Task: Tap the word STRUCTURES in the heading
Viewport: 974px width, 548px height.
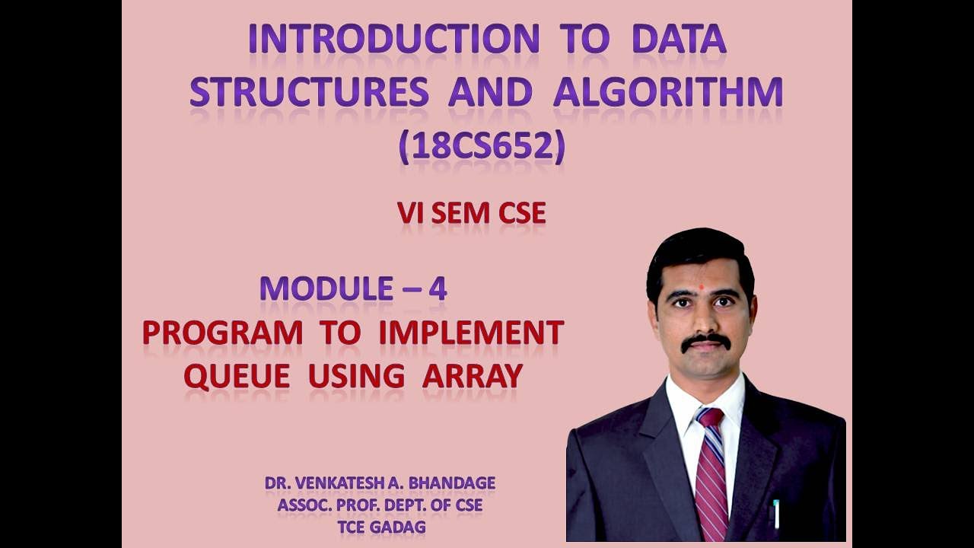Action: [309, 92]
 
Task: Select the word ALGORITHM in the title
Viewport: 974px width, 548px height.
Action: [668, 92]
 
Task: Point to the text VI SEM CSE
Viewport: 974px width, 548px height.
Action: [471, 214]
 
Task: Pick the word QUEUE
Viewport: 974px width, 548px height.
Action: [237, 376]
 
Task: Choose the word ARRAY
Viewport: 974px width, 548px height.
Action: [472, 376]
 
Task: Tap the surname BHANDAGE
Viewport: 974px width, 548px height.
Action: [454, 483]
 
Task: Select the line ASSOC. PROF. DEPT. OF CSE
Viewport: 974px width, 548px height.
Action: [380, 504]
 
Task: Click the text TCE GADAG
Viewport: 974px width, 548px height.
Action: [380, 525]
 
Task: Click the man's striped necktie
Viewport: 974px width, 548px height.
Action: [711, 472]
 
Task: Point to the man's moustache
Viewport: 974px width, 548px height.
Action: [706, 340]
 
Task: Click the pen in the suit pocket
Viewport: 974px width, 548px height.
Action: [776, 514]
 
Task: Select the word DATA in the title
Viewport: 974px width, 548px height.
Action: [679, 40]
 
